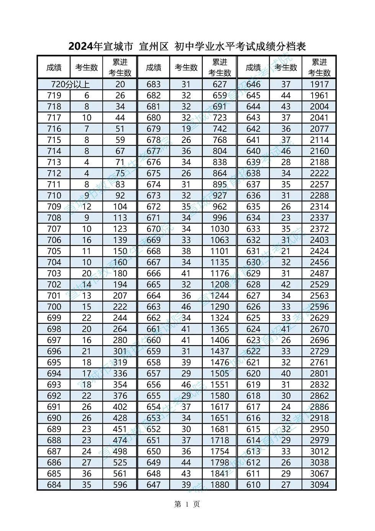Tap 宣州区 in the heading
tap(153, 47)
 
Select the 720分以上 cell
tap(70, 84)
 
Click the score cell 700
tap(54, 306)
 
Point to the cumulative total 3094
tap(319, 485)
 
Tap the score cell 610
tap(253, 485)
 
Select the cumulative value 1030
tap(220, 229)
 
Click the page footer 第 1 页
tap(187, 504)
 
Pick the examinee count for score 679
tap(186, 129)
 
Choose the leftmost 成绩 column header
tap(54, 67)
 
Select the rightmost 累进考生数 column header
tap(319, 67)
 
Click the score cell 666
tap(153, 273)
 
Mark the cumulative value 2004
tap(319, 107)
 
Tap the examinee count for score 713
tap(87, 162)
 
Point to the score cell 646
tap(253, 84)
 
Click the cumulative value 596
tap(120, 485)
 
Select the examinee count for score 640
tap(286, 151)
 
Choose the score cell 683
tap(153, 84)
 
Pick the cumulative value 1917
tap(319, 84)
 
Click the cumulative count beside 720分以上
tap(120, 84)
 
